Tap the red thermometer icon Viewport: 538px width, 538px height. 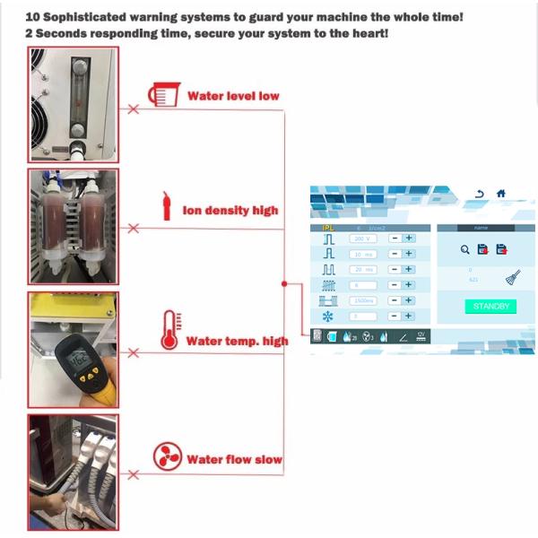(x=167, y=328)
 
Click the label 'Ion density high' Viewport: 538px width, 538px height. (x=230, y=211)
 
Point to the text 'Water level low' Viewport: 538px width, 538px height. (x=233, y=95)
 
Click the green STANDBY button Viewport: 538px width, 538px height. (x=490, y=306)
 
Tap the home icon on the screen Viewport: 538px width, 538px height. (x=500, y=194)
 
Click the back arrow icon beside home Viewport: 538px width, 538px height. (x=480, y=194)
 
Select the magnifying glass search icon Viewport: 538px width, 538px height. (x=465, y=249)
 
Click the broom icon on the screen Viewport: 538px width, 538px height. (x=512, y=276)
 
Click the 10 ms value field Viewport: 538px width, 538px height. (x=362, y=254)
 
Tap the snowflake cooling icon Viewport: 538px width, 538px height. (x=327, y=316)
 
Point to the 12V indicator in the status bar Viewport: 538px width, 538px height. (x=421, y=335)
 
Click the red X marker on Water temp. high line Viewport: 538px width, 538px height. (x=134, y=351)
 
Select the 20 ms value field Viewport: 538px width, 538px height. (x=362, y=269)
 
